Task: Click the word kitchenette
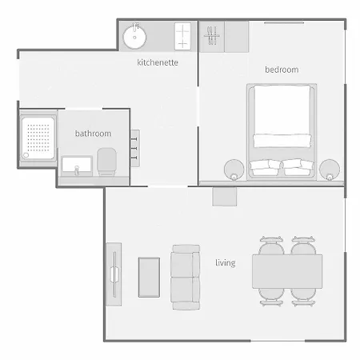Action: point(158,62)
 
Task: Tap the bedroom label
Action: point(282,70)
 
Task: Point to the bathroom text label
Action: point(93,134)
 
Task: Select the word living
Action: point(226,263)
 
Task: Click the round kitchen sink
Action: point(134,36)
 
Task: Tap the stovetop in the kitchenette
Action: point(182,36)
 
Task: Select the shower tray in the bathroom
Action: point(38,138)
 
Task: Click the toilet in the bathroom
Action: point(106,162)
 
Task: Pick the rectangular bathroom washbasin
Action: point(77,166)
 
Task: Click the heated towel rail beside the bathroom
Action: point(135,148)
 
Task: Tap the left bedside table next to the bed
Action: point(234,170)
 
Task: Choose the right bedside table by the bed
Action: point(330,170)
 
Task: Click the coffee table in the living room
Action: point(149,278)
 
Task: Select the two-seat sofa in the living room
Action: point(186,277)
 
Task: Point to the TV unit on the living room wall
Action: point(114,274)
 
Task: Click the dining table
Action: point(287,271)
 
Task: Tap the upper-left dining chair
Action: point(271,246)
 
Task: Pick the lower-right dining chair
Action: point(303,297)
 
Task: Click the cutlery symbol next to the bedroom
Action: point(212,35)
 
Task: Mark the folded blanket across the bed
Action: point(282,141)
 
